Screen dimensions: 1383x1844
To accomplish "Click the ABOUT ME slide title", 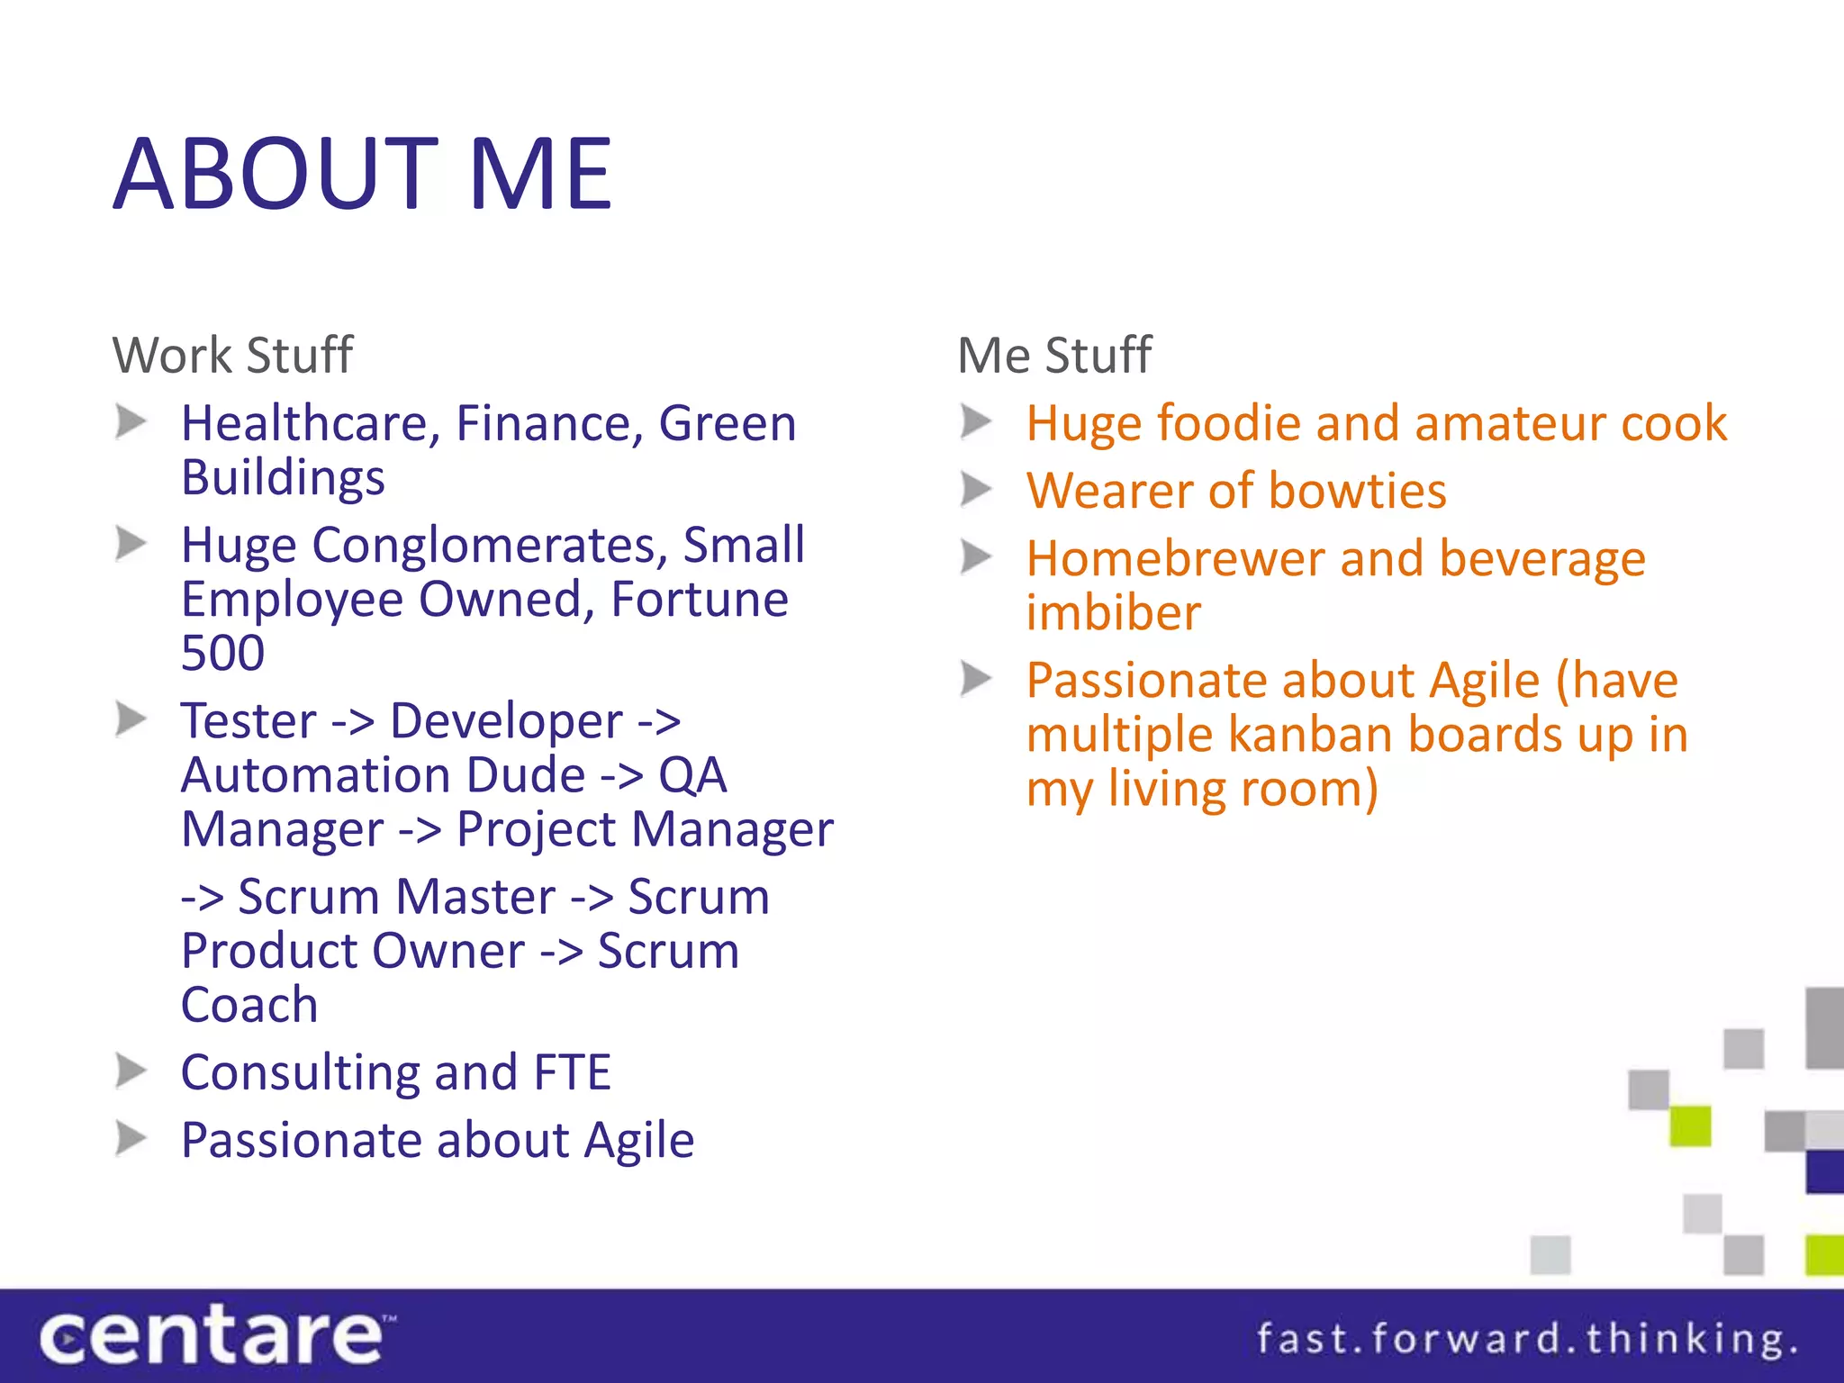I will [362, 174].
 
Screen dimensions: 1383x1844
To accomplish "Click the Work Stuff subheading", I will [232, 355].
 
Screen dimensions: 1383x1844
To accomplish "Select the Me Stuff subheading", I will [1053, 355].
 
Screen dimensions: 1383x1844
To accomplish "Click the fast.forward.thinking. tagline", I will [1526, 1338].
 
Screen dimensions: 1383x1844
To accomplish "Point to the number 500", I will [222, 653].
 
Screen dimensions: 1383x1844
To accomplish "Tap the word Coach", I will [249, 1005].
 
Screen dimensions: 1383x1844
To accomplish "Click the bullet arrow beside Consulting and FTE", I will [131, 1071].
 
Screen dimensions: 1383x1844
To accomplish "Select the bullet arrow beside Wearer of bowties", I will [976, 490].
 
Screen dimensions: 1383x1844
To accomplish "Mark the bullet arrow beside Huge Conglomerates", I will [131, 544].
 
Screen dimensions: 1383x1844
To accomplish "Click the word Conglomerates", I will [490, 546].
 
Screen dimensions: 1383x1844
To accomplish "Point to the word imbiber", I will [1114, 613].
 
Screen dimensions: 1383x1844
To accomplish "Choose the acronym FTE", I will [572, 1072].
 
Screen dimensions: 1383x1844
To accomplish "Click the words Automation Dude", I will [384, 775].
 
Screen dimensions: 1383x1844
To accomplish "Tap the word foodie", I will [1229, 423].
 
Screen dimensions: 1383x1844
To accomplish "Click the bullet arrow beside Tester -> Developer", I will [131, 720].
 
